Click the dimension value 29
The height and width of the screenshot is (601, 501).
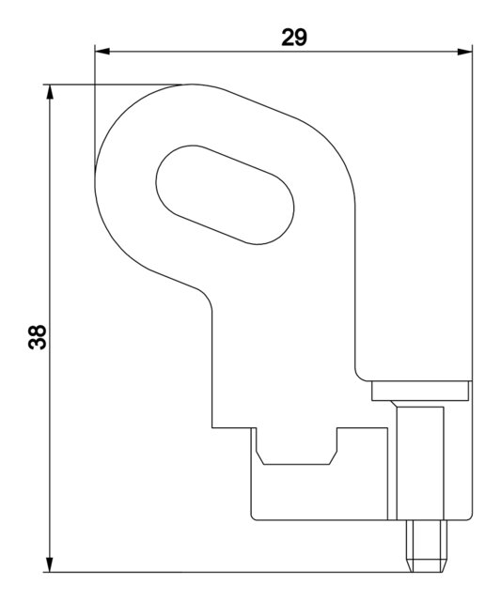point(294,37)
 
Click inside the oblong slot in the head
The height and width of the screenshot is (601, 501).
point(225,195)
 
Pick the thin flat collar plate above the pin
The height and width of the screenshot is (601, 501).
point(420,391)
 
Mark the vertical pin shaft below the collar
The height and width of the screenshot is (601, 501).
point(419,460)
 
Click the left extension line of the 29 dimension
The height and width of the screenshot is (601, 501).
point(95,113)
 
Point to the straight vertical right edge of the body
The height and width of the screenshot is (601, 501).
point(354,282)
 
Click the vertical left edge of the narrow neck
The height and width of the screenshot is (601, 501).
point(211,366)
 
